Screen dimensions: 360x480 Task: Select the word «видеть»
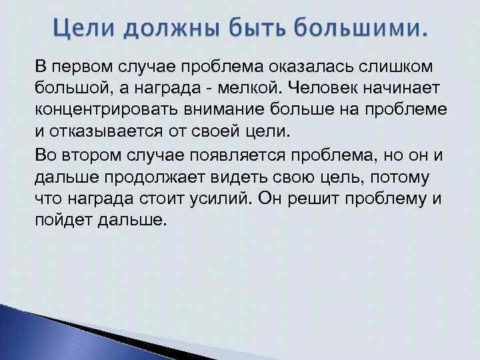tap(228, 178)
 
